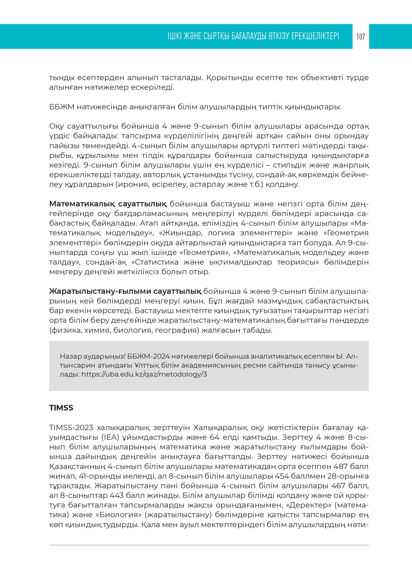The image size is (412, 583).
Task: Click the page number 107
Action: coord(361,37)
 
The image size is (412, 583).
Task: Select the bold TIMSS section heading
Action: coord(61,408)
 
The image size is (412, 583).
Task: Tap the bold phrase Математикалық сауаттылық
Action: coord(108,204)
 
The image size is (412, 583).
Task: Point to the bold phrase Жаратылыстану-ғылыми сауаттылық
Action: coord(125,291)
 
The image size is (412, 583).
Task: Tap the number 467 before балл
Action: coord(338,486)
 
